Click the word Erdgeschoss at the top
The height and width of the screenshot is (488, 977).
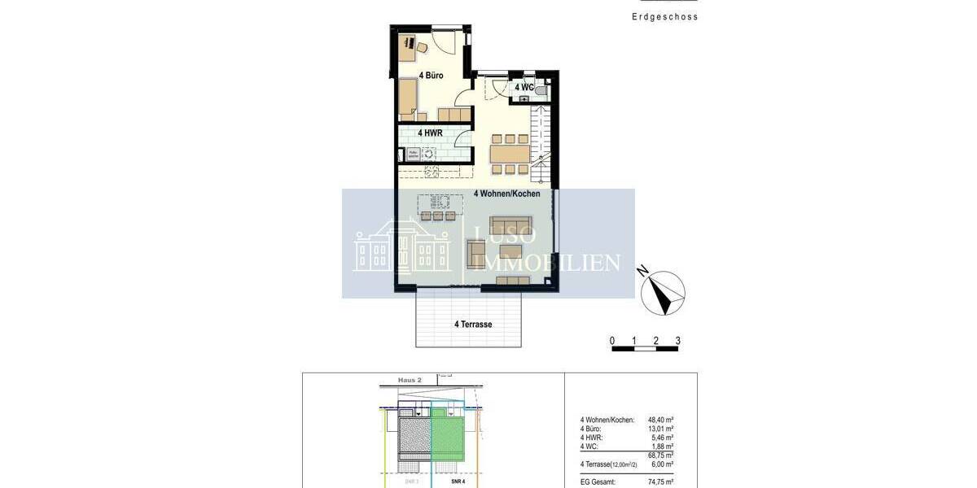point(664,16)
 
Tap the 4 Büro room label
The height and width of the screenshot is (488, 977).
point(431,76)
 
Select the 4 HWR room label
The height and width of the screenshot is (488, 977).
point(430,133)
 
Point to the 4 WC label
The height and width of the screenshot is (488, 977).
point(524,87)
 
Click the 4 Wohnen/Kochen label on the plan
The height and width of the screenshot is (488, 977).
point(506,194)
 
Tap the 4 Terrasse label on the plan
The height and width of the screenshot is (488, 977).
point(473,324)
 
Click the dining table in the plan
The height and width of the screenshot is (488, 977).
point(510,153)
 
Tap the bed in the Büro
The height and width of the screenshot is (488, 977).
point(407,98)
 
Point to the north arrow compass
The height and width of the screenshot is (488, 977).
point(663,293)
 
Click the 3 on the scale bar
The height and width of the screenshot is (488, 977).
point(677,341)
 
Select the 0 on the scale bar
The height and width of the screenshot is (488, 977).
point(612,341)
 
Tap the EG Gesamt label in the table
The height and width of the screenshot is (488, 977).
point(598,482)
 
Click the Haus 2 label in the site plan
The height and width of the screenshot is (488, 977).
point(410,380)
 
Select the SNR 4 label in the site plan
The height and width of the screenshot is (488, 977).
point(458,481)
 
